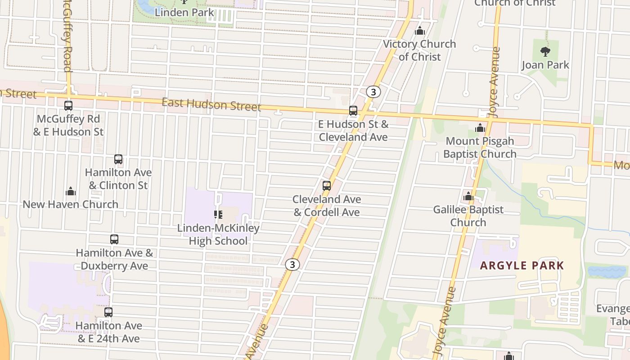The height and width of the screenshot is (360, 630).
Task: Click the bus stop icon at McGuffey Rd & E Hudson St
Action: pyautogui.click(x=68, y=106)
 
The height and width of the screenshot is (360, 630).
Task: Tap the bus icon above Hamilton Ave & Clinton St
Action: pyautogui.click(x=118, y=159)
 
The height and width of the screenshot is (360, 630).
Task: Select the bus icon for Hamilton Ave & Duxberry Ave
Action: pyautogui.click(x=114, y=239)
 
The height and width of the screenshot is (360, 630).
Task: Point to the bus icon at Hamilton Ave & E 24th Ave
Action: pyautogui.click(x=108, y=312)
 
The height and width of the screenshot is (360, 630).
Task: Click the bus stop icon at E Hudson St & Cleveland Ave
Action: pyautogui.click(x=353, y=111)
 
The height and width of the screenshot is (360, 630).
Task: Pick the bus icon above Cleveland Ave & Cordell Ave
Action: pyautogui.click(x=327, y=185)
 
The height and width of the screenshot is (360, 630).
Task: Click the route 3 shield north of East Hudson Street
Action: pyautogui.click(x=373, y=92)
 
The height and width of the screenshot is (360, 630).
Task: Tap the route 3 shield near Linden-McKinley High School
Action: pyautogui.click(x=292, y=265)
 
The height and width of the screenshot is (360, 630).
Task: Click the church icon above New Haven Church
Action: pyautogui.click(x=71, y=191)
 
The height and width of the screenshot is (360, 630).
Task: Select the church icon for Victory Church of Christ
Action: pyautogui.click(x=420, y=31)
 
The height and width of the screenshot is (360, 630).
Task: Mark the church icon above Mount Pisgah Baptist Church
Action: pyautogui.click(x=480, y=128)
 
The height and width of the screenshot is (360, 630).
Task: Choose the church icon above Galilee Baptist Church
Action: pyautogui.click(x=468, y=196)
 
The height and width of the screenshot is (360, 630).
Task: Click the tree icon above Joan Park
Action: pyautogui.click(x=545, y=52)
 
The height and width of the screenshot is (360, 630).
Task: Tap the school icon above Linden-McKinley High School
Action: pyautogui.click(x=218, y=215)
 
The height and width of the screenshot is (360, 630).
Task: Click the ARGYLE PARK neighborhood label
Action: pyautogui.click(x=522, y=265)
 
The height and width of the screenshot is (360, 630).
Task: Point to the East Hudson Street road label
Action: pyautogui.click(x=211, y=104)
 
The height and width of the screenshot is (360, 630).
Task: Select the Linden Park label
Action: pyautogui.click(x=184, y=12)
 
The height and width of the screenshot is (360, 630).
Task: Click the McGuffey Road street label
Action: pyautogui.click(x=67, y=36)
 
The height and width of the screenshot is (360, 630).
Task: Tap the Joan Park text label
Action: pyautogui.click(x=545, y=65)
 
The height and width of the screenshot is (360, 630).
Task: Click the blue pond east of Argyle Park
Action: pyautogui.click(x=607, y=271)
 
